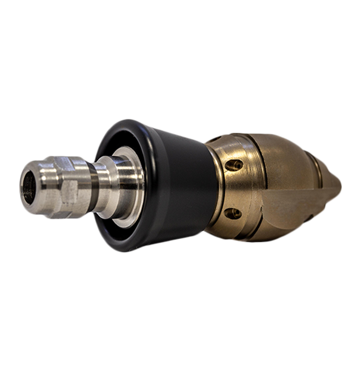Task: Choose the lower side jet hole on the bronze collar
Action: click(x=233, y=213)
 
